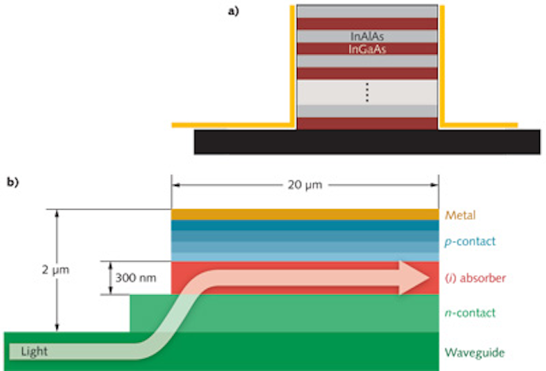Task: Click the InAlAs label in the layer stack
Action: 366,38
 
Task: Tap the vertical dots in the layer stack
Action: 367,93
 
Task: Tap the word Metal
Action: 462,215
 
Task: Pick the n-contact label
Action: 473,313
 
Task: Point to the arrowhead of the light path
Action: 418,277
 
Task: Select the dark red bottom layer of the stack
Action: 367,124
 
